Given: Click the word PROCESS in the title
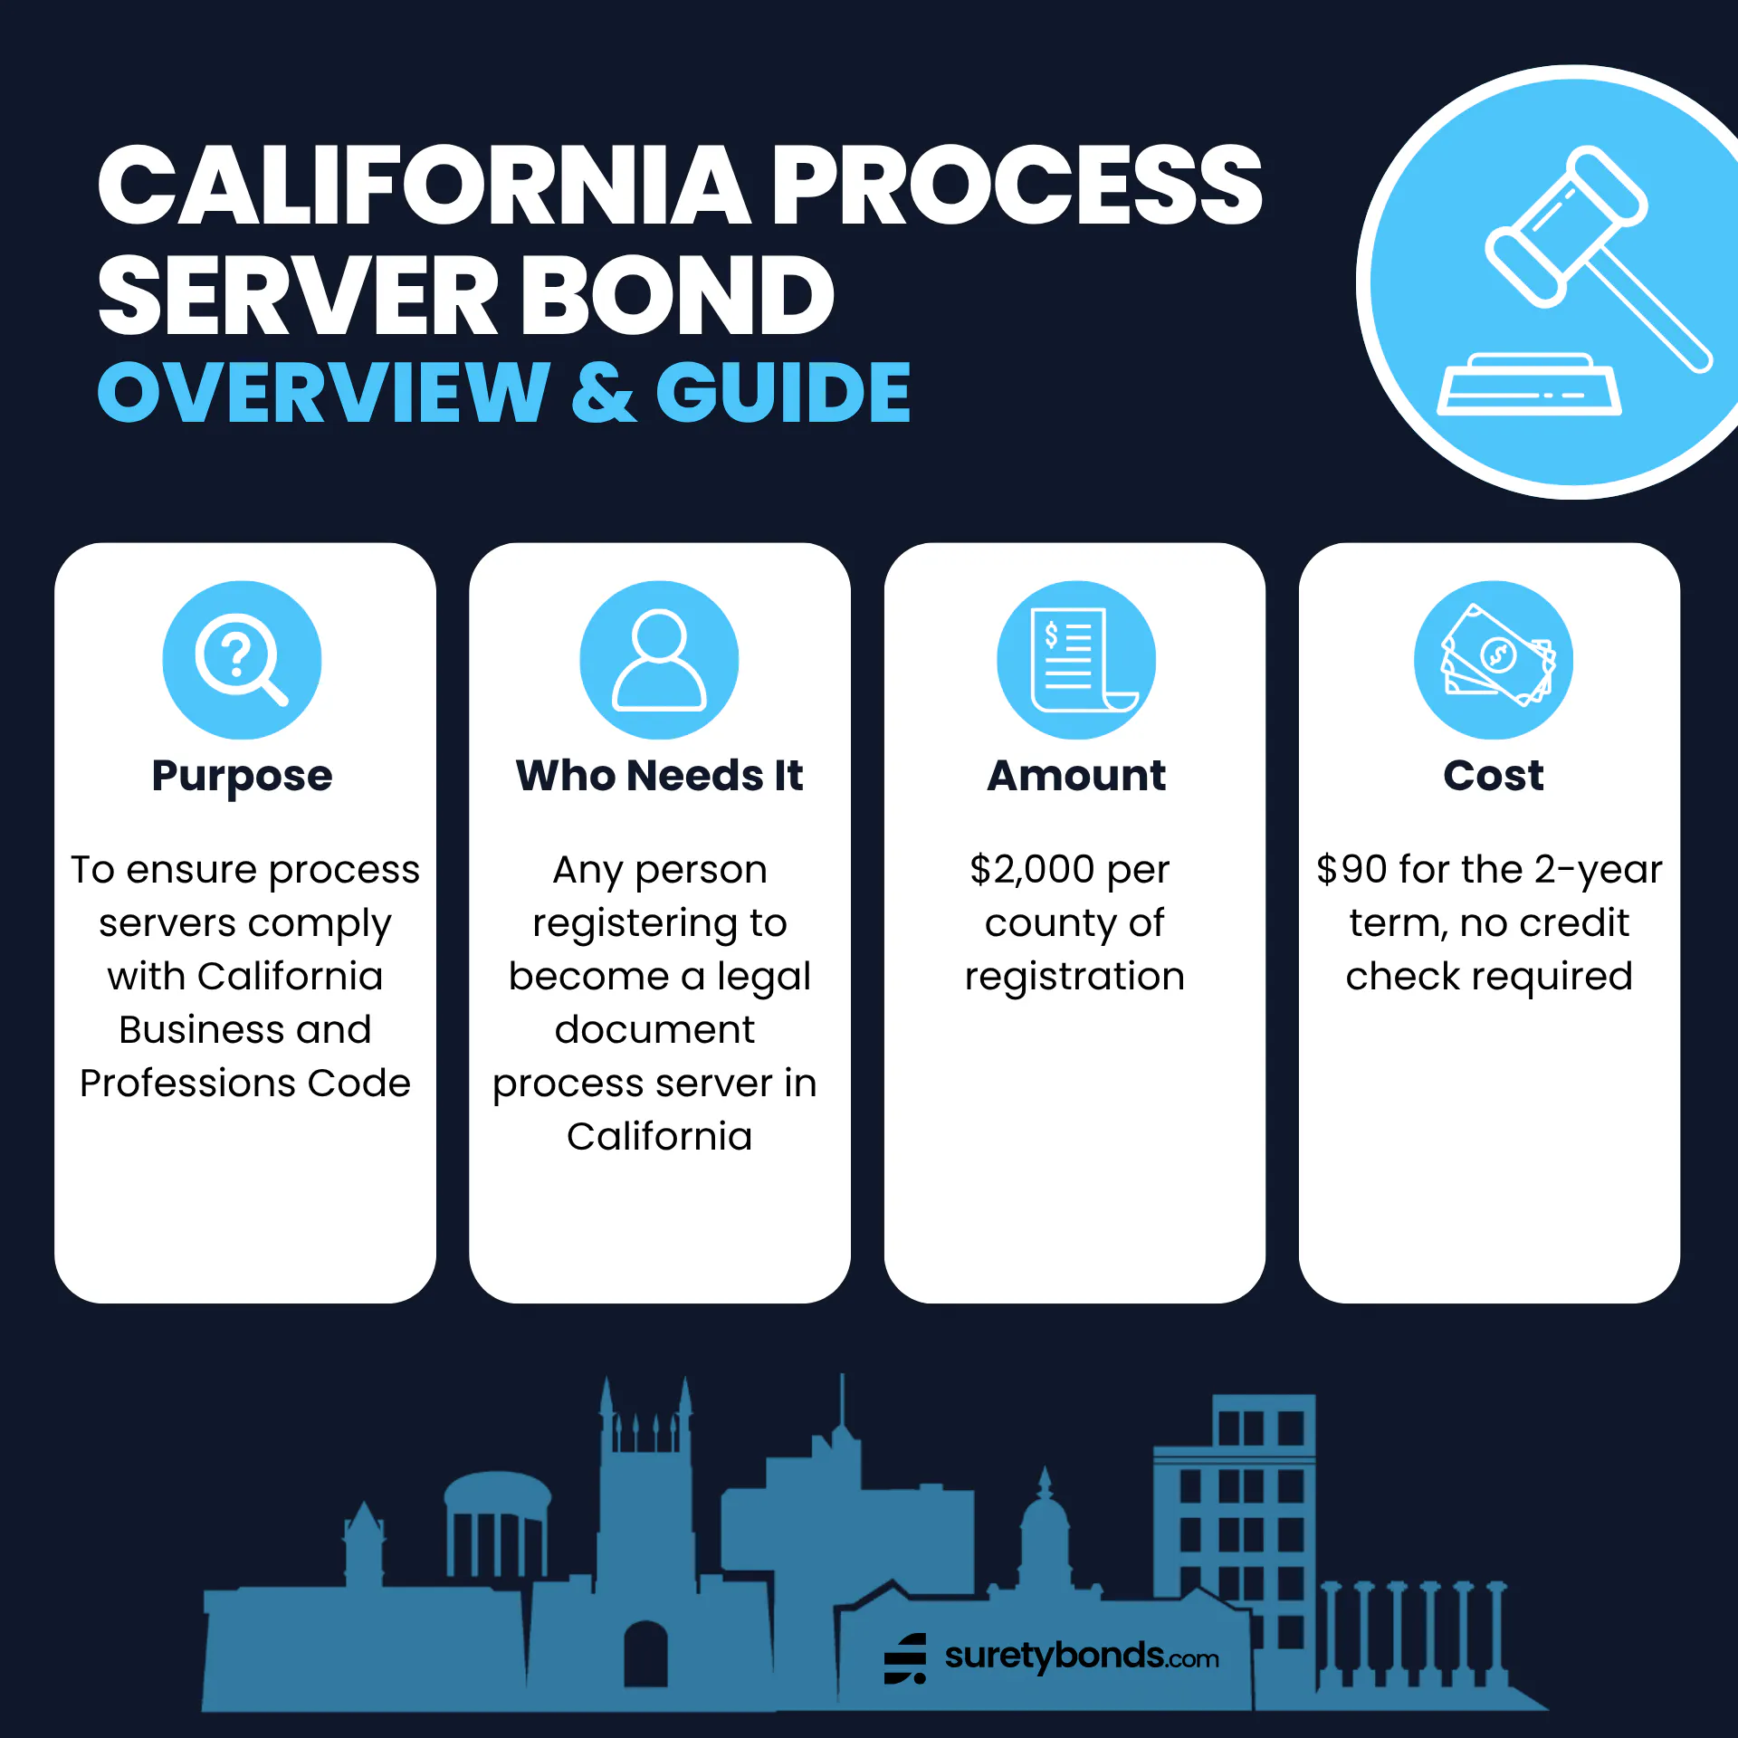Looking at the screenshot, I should [x=1016, y=185].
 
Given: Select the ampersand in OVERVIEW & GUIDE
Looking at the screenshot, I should [x=603, y=393].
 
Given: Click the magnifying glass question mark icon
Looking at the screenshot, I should [x=241, y=659].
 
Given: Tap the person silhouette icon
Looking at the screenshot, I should [x=659, y=659].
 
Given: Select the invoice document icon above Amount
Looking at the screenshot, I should [x=1075, y=659].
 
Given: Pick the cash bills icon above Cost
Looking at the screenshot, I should [x=1494, y=659].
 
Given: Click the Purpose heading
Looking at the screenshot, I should [x=242, y=776].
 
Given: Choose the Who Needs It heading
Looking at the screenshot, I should [x=659, y=776].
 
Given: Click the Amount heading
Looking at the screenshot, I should [x=1075, y=776].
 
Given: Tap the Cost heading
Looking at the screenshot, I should [x=1493, y=776].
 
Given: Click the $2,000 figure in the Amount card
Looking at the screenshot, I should [x=1032, y=870].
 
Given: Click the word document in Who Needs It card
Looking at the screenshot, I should [x=654, y=1030].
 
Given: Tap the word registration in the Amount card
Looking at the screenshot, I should [x=1074, y=977].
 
